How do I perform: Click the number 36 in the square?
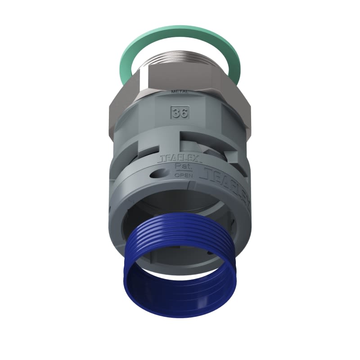[180, 112]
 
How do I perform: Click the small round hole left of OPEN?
[161, 173]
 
